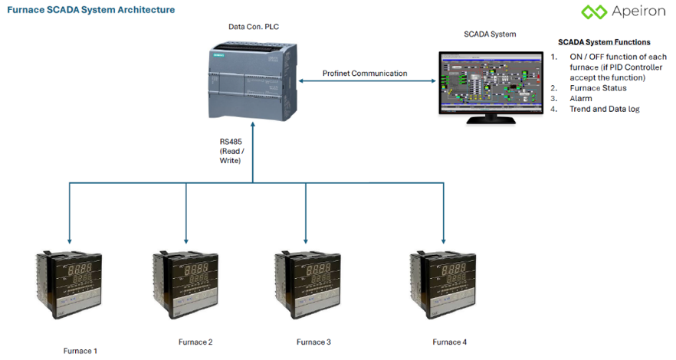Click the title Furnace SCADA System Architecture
pos(90,10)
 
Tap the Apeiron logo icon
pos(593,12)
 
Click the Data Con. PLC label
pos(253,27)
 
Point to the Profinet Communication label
pos(365,74)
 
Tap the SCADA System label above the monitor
pos(490,34)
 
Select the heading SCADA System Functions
pos(604,42)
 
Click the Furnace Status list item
pos(598,88)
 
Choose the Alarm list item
pos(580,99)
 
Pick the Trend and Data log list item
pos(604,110)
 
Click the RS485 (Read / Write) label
pos(231,151)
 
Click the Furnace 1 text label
pos(80,351)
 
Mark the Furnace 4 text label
pos(449,342)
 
